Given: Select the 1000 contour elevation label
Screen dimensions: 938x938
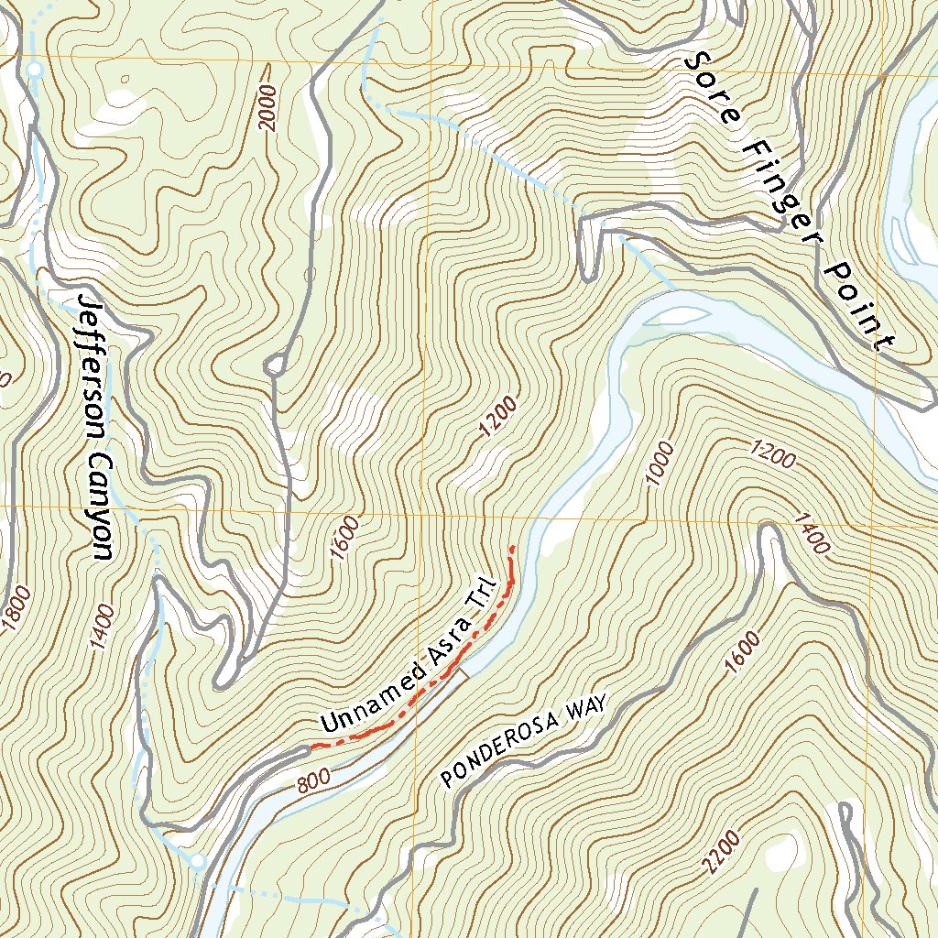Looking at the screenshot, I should click(660, 464).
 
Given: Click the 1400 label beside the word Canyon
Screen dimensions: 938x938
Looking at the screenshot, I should click(102, 627).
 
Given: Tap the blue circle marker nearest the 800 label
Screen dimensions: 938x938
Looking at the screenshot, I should click(197, 860).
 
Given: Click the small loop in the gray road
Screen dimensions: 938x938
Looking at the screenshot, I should click(274, 366).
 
